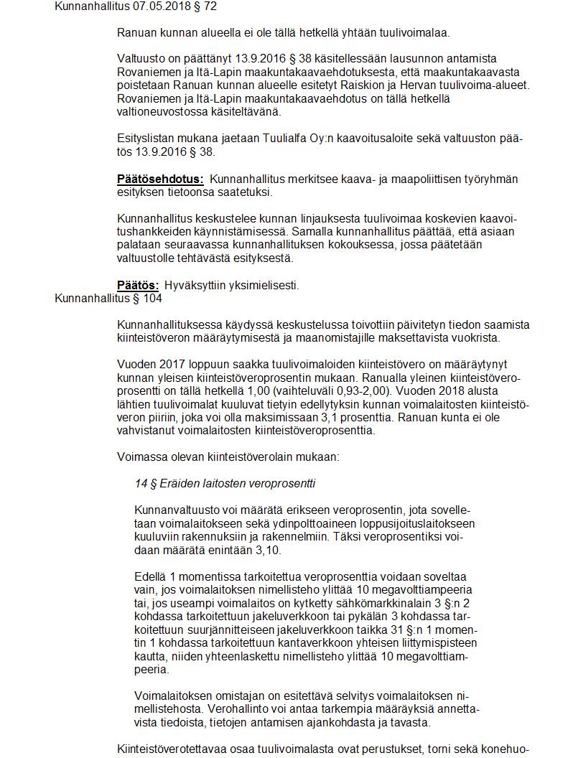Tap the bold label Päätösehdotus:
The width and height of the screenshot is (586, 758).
coord(160,179)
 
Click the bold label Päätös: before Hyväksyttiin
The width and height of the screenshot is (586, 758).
coord(138,285)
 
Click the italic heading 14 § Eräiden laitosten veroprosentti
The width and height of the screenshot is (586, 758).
coord(225,483)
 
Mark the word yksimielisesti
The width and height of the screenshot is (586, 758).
coord(264,285)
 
